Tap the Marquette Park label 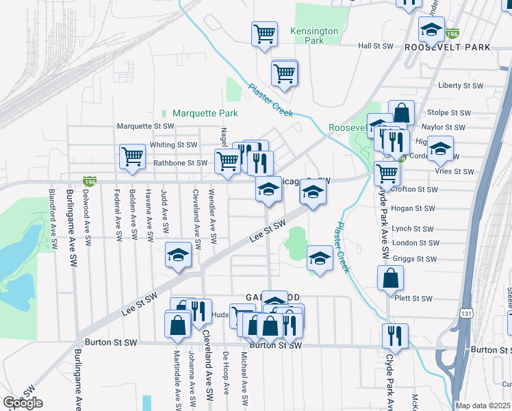click(x=205, y=113)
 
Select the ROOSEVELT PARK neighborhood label click(x=448, y=47)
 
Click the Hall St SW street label click(x=376, y=46)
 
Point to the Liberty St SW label click(x=460, y=86)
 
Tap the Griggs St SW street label click(x=415, y=259)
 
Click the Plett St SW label click(x=413, y=299)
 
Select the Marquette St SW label click(x=146, y=127)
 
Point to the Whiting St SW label click(x=173, y=145)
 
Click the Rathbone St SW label click(x=179, y=163)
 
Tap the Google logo click(x=23, y=403)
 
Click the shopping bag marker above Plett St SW click(x=390, y=278)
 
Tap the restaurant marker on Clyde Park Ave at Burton click(x=395, y=335)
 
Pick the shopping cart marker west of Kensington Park click(x=264, y=34)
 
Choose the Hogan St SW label click(x=415, y=208)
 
